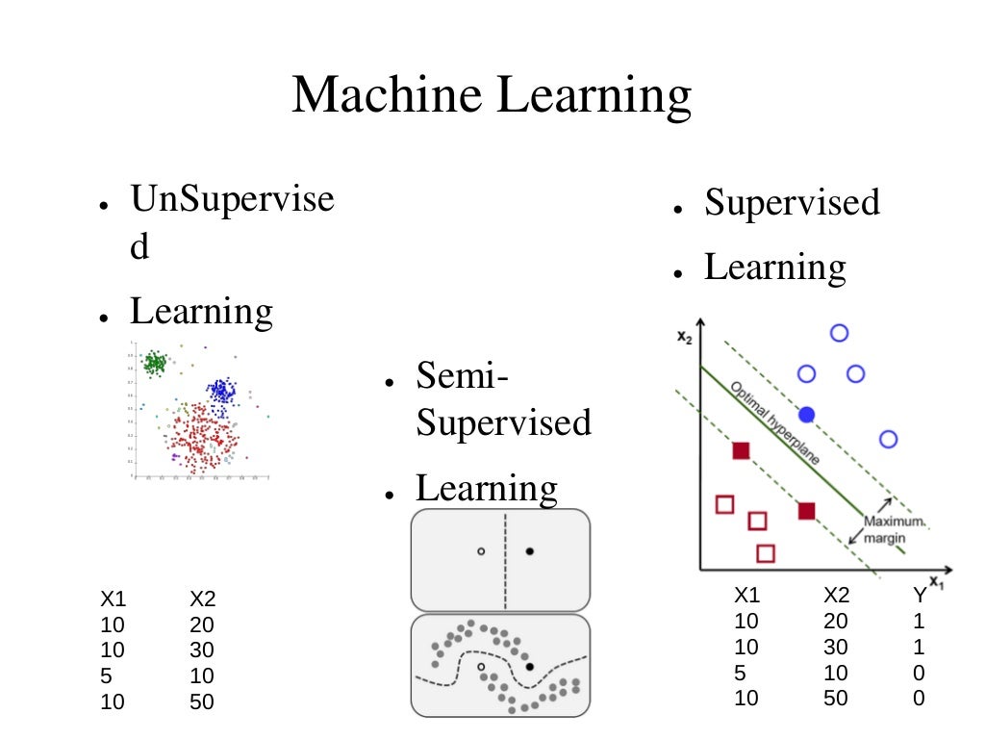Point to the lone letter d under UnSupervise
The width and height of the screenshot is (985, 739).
pyautogui.click(x=140, y=247)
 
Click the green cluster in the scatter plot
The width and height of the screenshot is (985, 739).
pyautogui.click(x=154, y=363)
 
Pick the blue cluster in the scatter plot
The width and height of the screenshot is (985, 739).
pyautogui.click(x=222, y=392)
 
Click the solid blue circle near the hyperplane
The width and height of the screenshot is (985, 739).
pyautogui.click(x=807, y=414)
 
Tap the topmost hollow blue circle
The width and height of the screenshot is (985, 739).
pyautogui.click(x=839, y=333)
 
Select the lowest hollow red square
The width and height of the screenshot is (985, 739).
pyautogui.click(x=766, y=553)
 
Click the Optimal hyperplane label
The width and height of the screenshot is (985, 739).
pyautogui.click(x=775, y=424)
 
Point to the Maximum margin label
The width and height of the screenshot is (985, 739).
pyautogui.click(x=894, y=530)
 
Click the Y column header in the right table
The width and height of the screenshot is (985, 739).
pyautogui.click(x=919, y=596)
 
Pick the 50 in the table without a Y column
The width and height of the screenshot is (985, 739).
pyautogui.click(x=202, y=702)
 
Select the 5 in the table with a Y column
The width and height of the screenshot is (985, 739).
pyautogui.click(x=740, y=673)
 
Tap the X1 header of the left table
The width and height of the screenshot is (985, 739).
pyautogui.click(x=113, y=600)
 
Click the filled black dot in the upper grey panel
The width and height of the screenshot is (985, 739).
pyautogui.click(x=530, y=551)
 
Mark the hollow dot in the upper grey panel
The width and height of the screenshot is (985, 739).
pyautogui.click(x=481, y=551)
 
